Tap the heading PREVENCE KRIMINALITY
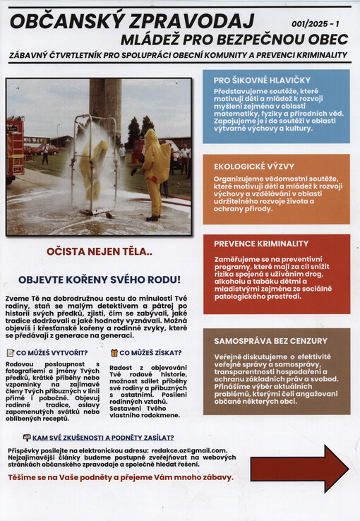(x=261, y=244)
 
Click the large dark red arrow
(x=299, y=468)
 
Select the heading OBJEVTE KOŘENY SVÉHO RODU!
(x=99, y=279)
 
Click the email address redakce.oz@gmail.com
(x=189, y=450)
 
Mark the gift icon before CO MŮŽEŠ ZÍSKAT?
(x=114, y=352)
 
